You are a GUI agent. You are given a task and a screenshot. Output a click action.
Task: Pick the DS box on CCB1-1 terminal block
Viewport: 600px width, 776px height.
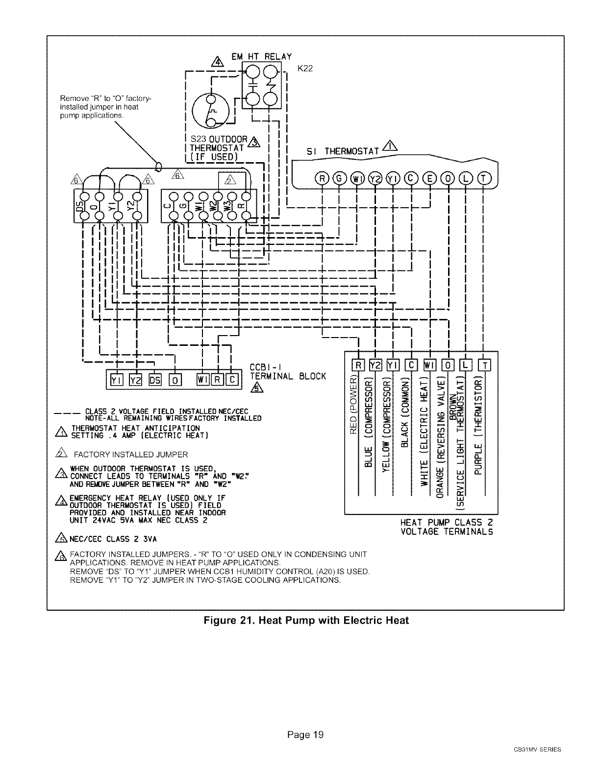pyautogui.click(x=155, y=379)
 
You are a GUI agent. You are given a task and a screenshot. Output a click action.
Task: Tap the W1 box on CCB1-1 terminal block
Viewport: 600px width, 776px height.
pyautogui.click(x=202, y=379)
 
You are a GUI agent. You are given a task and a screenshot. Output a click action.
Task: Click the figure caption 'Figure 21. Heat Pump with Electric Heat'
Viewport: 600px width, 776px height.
pyautogui.click(x=306, y=620)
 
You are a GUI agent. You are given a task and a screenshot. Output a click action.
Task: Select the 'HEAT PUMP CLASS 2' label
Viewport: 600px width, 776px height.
pyautogui.click(x=447, y=522)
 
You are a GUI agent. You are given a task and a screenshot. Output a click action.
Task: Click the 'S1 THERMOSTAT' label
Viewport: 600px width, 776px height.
pyautogui.click(x=346, y=152)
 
